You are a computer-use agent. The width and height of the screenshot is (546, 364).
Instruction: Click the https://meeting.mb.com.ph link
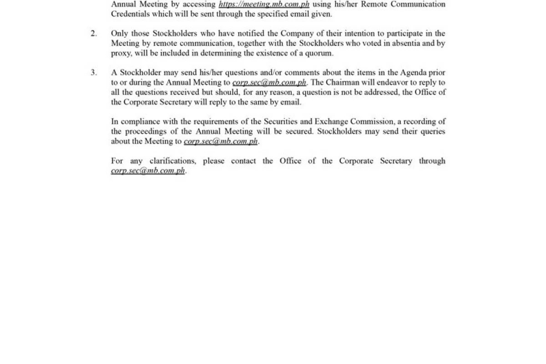tap(264, 4)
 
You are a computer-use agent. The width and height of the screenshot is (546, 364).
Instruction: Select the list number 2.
tap(93, 34)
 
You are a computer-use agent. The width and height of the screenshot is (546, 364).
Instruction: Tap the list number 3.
tap(93, 73)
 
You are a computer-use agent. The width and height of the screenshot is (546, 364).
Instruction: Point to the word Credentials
tap(131, 14)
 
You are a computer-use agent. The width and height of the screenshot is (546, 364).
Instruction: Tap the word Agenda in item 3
tap(413, 73)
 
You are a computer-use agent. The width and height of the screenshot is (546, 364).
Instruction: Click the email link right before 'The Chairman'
tap(269, 83)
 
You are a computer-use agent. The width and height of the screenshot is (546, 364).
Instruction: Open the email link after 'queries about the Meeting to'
tap(221, 141)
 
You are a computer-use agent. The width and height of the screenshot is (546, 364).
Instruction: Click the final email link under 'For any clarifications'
tap(148, 171)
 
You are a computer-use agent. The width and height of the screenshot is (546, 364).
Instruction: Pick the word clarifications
tap(172, 161)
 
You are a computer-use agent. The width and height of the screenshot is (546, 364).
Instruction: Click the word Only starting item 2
tap(119, 34)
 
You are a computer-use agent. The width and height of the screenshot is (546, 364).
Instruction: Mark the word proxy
tap(121, 53)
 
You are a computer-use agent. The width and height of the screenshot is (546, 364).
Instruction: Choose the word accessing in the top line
tap(199, 4)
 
